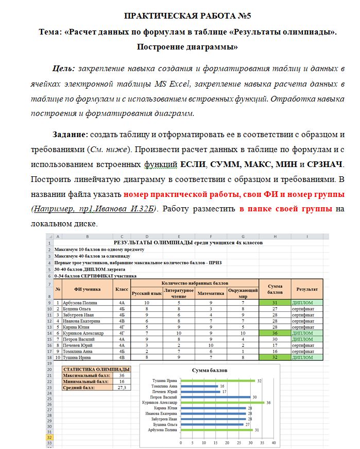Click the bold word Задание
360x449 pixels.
[x=71, y=135]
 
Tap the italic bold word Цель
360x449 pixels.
[x=64, y=69]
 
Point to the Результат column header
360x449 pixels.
[x=306, y=290]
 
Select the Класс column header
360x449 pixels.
[x=122, y=290]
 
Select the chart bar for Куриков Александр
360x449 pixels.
[x=222, y=402]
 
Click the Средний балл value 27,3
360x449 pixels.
[x=122, y=387]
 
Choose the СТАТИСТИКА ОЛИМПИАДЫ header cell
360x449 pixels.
[x=96, y=369]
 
